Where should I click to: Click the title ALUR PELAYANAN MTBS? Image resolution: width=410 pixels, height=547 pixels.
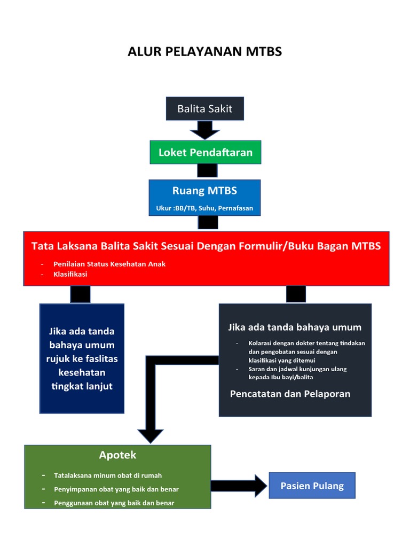pyautogui.click(x=204, y=52)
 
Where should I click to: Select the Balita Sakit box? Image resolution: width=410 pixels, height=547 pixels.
pyautogui.click(x=205, y=109)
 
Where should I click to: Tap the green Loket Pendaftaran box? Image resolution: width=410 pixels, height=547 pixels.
pyautogui.click(x=205, y=152)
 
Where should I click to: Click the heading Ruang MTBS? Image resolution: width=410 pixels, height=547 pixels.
pyautogui.click(x=204, y=191)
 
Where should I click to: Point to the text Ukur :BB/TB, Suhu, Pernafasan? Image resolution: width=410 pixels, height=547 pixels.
pyautogui.click(x=204, y=208)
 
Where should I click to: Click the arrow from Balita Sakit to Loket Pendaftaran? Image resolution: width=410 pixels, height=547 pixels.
pyautogui.click(x=205, y=130)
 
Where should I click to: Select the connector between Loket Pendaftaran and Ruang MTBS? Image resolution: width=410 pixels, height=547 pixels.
pyautogui.click(x=207, y=170)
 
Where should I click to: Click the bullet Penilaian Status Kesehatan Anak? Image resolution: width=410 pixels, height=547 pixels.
pyautogui.click(x=109, y=264)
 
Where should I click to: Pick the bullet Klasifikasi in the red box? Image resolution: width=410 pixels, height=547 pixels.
pyautogui.click(x=70, y=274)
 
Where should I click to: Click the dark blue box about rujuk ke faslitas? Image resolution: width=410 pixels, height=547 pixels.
pyautogui.click(x=82, y=358)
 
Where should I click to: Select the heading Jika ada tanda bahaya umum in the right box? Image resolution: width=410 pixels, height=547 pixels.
pyautogui.click(x=295, y=327)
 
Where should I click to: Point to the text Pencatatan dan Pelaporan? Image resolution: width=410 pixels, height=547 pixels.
pyautogui.click(x=290, y=394)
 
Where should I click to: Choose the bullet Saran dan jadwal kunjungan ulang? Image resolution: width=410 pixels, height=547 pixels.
pyautogui.click(x=297, y=373)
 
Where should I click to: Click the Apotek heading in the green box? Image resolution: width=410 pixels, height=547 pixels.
pyautogui.click(x=117, y=455)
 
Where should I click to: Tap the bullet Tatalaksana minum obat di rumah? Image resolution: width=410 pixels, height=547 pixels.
pyautogui.click(x=107, y=475)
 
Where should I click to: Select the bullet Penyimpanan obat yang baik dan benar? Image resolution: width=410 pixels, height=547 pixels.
pyautogui.click(x=116, y=489)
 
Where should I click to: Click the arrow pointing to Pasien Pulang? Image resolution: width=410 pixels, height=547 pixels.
pyautogui.click(x=239, y=486)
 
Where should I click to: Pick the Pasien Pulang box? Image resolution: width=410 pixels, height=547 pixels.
pyautogui.click(x=312, y=486)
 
